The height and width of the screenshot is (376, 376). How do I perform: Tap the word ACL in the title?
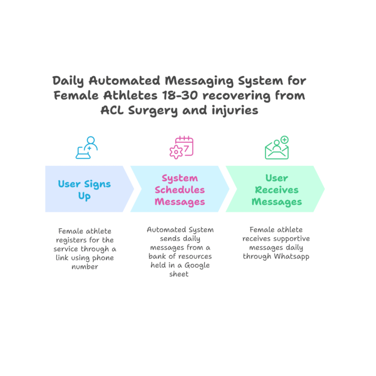pos(112,110)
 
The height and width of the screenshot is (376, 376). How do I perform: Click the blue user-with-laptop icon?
pos(86,147)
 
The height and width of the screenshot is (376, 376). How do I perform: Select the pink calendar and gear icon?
pos(181,147)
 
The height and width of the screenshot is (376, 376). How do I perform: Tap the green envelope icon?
pos(277,148)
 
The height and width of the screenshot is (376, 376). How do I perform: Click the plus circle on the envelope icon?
pos(285,140)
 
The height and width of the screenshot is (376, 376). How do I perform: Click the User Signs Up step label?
pos(84,190)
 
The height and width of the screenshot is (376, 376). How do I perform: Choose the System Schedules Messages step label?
pos(179,190)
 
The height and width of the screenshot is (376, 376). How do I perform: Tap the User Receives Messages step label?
pos(277,190)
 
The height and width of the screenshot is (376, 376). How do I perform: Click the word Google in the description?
pos(197,265)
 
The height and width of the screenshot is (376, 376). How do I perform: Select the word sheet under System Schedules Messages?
pos(179,274)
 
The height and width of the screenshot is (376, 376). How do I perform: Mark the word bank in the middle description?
pos(156,257)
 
